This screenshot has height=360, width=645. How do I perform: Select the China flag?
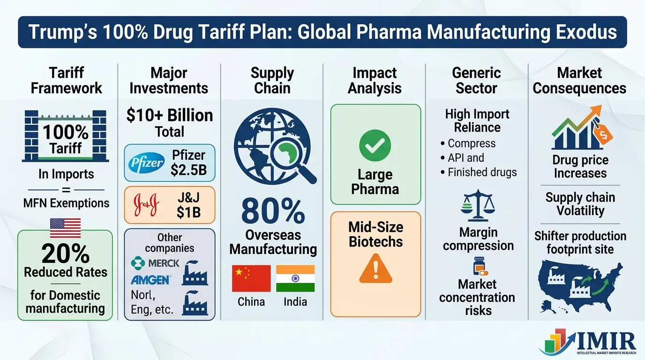(251, 278)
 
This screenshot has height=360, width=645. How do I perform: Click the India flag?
(295, 278)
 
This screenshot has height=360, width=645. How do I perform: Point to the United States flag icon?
(65, 227)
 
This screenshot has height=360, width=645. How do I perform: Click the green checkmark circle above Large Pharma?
(375, 146)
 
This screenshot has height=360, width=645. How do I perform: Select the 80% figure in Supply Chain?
(273, 211)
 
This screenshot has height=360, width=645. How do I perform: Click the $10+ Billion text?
(169, 115)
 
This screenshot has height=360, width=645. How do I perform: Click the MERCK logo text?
(157, 263)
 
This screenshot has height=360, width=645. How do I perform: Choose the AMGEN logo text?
(150, 280)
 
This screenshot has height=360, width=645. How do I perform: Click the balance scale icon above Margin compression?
(477, 206)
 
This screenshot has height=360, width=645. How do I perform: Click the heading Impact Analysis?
(375, 80)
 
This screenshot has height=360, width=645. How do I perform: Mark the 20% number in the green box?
(66, 254)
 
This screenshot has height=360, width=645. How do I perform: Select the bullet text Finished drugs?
(482, 172)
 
